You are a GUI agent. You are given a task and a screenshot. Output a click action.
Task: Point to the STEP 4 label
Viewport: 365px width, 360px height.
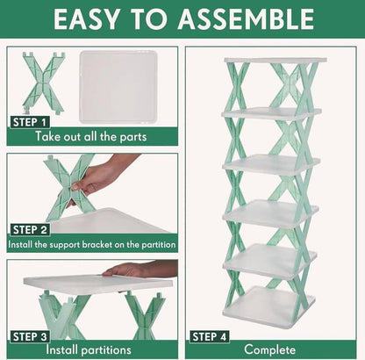tap(211, 335)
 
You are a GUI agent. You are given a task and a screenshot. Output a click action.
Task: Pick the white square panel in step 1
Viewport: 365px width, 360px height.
tap(125, 85)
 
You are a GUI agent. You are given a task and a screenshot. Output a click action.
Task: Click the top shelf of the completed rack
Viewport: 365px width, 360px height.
tap(275, 60)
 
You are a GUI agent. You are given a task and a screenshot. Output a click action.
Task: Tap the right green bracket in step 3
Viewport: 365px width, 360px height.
tap(145, 312)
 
